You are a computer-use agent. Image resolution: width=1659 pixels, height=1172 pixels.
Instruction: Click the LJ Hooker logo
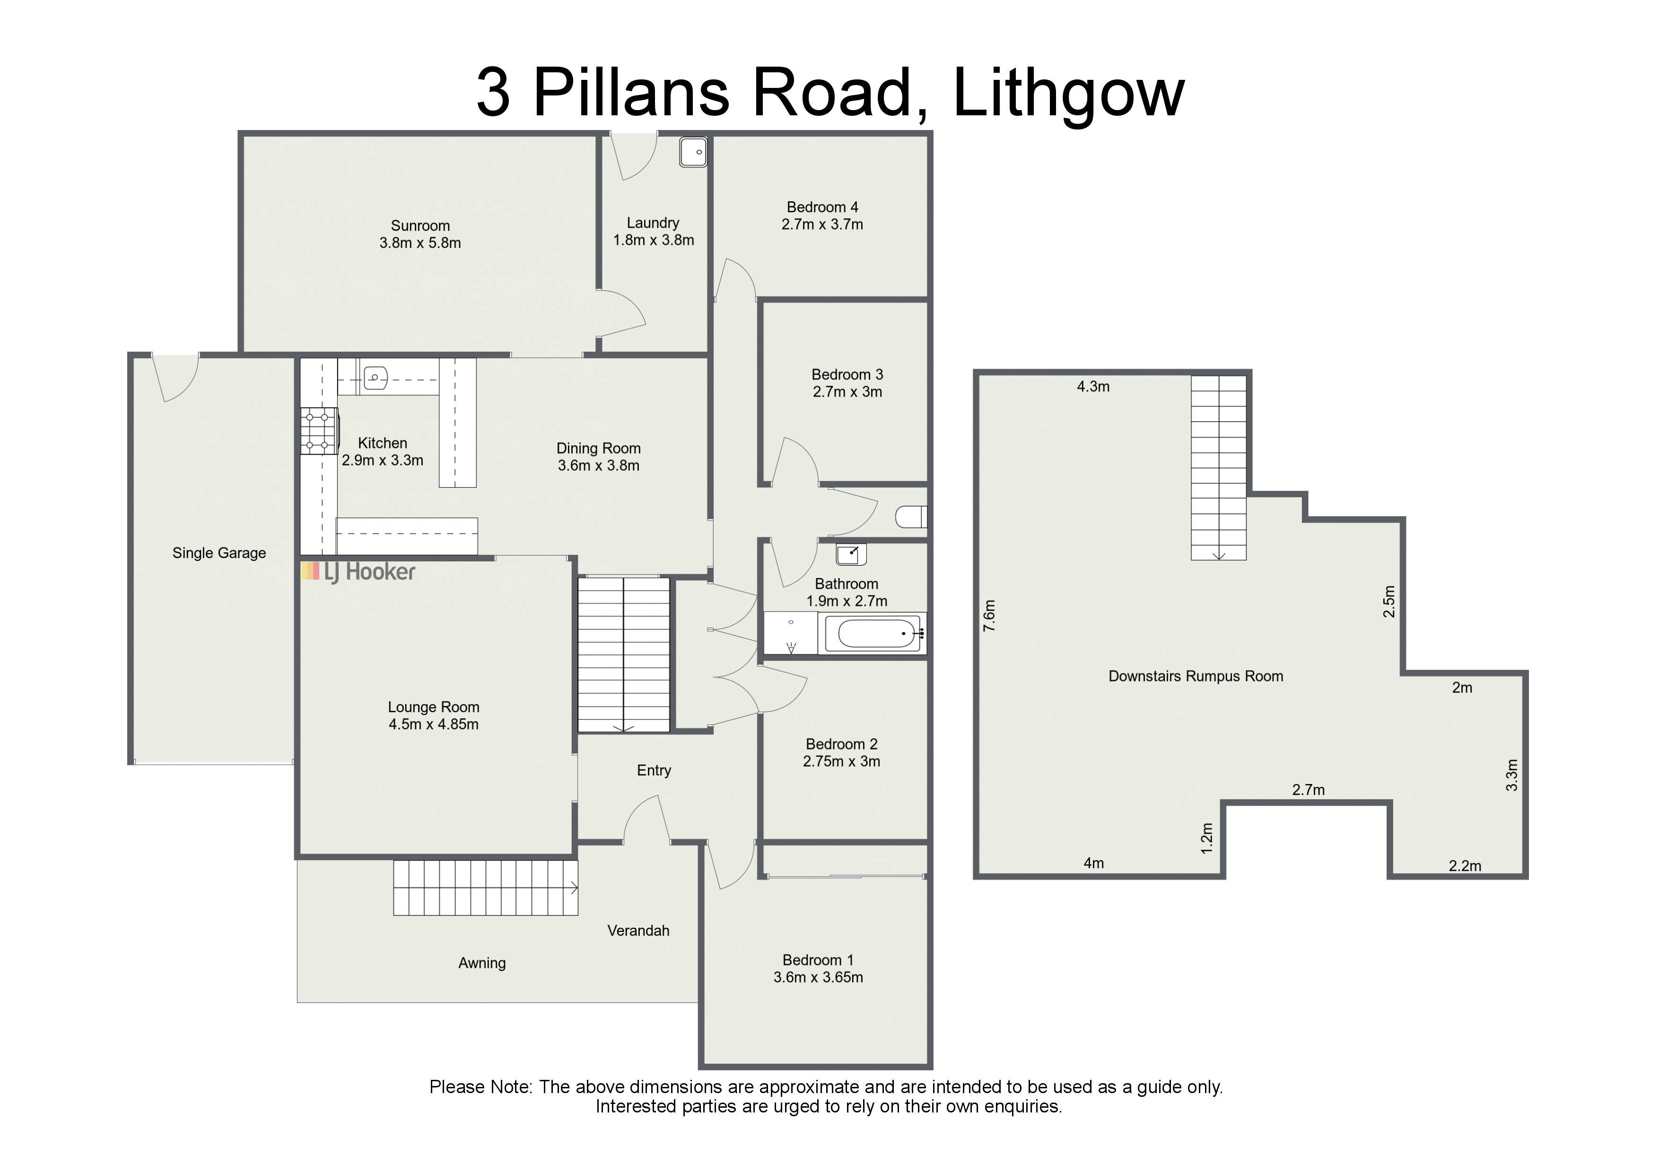[358, 572]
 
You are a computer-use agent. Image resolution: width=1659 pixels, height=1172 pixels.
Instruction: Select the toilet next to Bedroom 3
[911, 517]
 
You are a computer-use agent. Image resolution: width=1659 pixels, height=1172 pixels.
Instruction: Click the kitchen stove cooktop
[319, 431]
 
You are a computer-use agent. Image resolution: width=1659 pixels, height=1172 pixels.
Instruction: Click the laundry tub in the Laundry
[693, 152]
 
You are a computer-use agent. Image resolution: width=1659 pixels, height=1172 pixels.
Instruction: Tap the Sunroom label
[420, 226]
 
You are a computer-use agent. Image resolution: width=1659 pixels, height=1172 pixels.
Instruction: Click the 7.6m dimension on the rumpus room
[989, 616]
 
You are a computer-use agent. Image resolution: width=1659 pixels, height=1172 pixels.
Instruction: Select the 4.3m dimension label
[1093, 386]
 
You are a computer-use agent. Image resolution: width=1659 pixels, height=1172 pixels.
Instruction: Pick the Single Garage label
[219, 553]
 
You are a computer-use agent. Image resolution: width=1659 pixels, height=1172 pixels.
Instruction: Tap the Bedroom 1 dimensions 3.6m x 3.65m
[818, 977]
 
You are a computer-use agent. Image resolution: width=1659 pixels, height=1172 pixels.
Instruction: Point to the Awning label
[482, 963]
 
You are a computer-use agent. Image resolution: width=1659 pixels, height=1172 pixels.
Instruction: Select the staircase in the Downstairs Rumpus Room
[1218, 467]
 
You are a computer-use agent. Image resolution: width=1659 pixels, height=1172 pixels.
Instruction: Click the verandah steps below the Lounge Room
[486, 888]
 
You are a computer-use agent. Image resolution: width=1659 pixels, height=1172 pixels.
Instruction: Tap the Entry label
[654, 770]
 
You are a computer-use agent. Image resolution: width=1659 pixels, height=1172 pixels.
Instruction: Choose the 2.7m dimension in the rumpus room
[1309, 789]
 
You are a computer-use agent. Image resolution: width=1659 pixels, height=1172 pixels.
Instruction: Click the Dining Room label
[598, 448]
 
